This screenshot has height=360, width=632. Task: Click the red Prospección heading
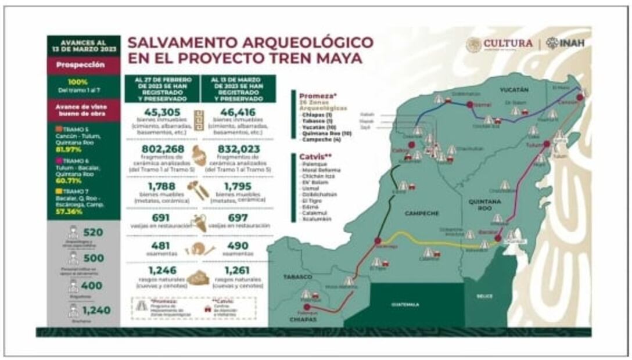point(84,65)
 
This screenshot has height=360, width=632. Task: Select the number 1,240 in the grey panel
point(96,311)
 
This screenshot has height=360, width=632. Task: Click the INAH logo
point(566,44)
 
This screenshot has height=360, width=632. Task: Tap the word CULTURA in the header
point(507,44)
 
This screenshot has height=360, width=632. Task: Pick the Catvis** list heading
point(313,156)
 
